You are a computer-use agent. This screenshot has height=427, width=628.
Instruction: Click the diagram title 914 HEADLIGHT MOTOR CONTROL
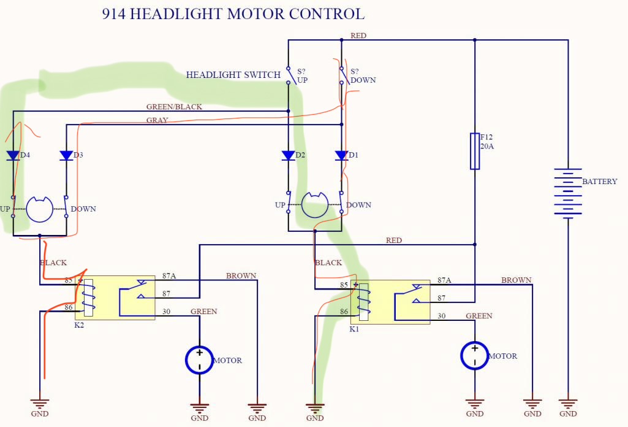point(233,13)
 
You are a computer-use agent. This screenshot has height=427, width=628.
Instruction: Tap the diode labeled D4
point(13,156)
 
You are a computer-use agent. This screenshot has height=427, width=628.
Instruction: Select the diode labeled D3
point(66,156)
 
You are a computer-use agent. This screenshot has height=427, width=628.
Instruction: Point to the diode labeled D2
point(288,156)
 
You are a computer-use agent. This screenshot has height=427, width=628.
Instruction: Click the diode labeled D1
point(341,156)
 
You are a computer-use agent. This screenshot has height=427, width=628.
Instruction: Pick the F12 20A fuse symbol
point(475,150)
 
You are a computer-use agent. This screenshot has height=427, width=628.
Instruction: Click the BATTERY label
point(600,182)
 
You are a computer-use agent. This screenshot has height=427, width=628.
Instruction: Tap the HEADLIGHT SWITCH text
point(233,75)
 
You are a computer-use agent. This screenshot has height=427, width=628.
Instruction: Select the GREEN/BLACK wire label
point(174,107)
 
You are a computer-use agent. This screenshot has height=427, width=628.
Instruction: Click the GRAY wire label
point(157,120)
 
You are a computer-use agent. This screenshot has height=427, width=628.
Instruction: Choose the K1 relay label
point(354,329)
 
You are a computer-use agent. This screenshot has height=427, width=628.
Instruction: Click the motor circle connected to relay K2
point(199,360)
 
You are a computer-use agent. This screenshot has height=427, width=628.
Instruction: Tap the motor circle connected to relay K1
point(474,356)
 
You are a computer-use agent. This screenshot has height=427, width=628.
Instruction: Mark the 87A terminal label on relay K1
point(444,280)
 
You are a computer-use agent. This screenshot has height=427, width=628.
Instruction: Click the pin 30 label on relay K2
point(166,312)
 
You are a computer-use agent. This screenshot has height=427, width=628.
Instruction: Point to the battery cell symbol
point(568,191)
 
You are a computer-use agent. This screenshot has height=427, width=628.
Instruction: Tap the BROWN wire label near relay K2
point(241,276)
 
